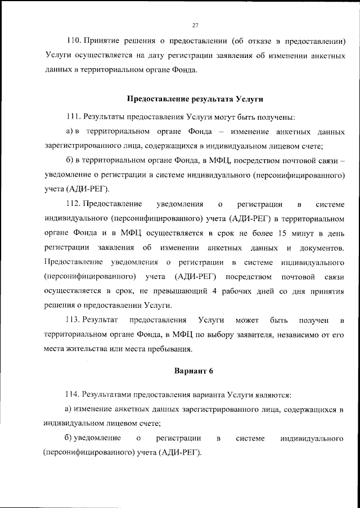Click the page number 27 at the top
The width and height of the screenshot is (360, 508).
point(195,25)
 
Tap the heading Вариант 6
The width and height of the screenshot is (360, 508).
point(195,371)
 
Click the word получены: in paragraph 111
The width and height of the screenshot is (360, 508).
point(275,116)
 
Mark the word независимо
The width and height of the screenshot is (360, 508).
point(299,335)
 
